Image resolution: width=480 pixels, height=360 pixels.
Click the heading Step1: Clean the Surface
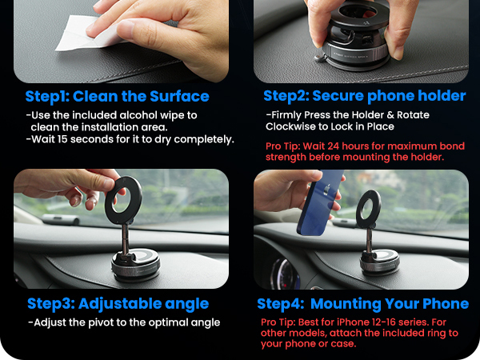[117, 97]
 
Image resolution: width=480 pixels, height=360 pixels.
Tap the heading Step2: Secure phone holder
[364, 96]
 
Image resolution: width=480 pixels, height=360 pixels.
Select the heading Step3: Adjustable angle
[118, 303]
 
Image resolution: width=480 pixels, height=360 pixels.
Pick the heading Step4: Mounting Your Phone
[362, 304]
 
